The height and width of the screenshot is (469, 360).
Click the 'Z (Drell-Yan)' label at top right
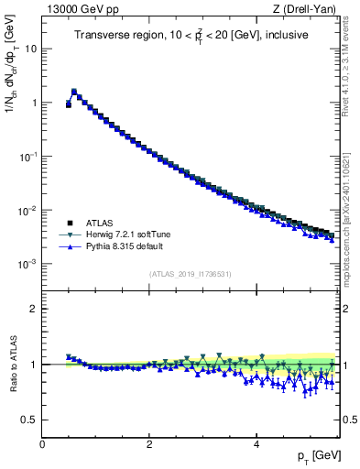click(307, 8)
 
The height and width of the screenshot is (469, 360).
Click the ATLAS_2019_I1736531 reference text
click(190, 274)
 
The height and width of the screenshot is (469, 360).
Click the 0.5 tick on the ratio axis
click(28, 420)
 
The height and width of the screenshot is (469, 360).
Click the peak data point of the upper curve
click(74, 92)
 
